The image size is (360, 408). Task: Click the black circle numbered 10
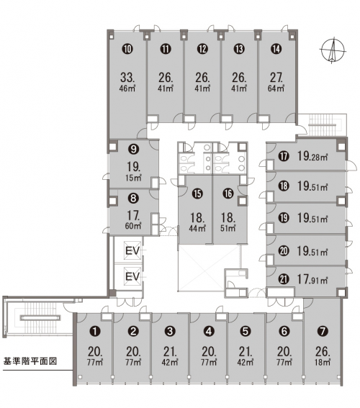127,49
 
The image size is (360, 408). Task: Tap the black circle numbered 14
276,49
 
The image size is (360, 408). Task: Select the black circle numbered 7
323,331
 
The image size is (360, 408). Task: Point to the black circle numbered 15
197,194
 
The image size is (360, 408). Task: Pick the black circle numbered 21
284,279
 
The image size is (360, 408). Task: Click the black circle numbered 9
133,149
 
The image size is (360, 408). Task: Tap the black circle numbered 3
170,331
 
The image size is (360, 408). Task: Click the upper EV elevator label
132,251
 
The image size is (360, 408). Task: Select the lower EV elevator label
132,276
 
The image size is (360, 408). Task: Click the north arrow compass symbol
333,51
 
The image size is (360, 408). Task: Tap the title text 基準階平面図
30,361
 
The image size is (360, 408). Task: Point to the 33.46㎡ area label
127,82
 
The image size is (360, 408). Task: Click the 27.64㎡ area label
276,82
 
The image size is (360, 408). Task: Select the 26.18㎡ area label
323,356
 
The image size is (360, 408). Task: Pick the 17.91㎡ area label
312,279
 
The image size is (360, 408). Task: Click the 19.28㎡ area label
312,156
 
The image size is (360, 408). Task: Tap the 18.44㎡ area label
197,222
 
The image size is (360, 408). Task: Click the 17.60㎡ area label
133,220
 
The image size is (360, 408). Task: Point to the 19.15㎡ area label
133,171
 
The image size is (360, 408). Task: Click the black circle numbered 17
284,156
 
